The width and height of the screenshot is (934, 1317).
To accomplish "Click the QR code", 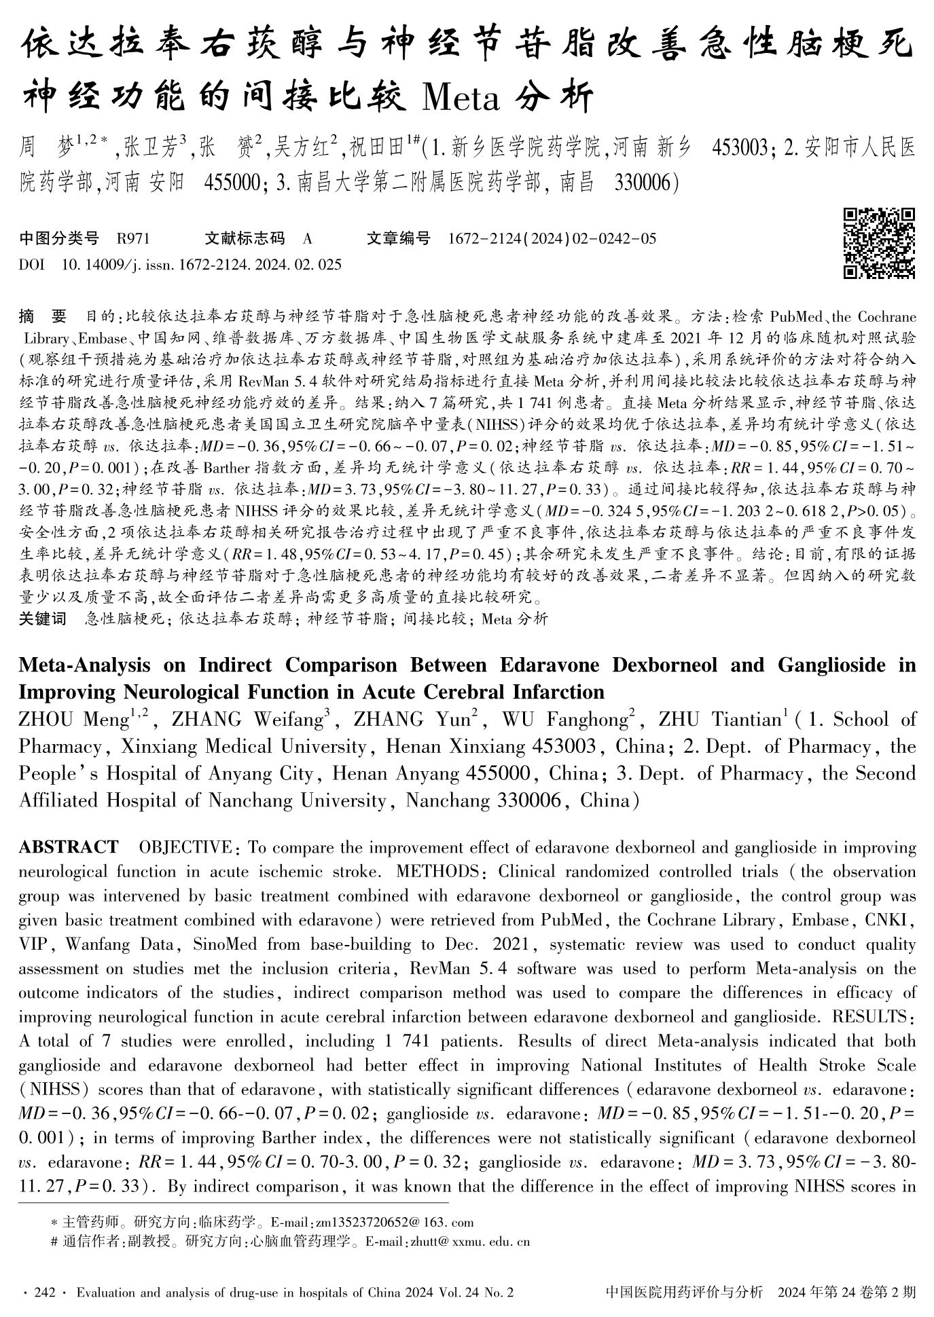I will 879,244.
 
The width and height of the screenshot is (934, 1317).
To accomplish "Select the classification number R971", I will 133,238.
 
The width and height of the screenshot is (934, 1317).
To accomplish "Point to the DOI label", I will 32,265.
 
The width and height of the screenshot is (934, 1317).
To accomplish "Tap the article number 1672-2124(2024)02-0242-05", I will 553,238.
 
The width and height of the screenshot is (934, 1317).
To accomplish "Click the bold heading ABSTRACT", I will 69,847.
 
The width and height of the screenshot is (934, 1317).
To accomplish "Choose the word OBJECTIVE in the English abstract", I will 185,847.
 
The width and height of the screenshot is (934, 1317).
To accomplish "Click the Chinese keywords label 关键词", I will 42,618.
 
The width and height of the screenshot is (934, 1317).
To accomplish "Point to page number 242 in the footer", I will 43,1293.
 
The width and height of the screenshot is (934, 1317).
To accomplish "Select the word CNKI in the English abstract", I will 892,921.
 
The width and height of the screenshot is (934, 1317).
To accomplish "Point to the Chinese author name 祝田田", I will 378,146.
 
